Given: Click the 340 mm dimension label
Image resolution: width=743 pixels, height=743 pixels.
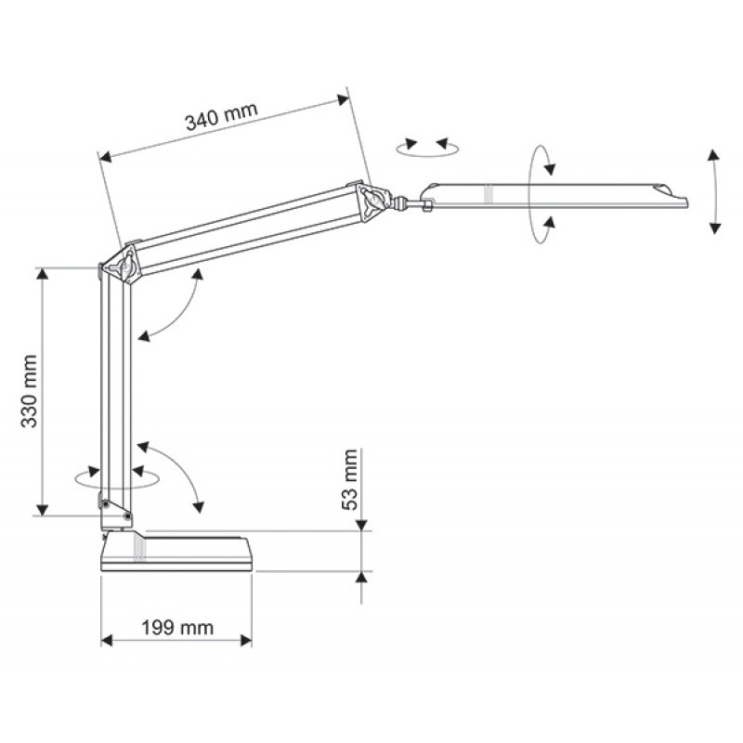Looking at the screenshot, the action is pos(221,116).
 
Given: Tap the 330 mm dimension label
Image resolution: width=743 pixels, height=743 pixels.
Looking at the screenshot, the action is pos(30,391).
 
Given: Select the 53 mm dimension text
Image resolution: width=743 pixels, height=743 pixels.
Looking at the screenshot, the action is pos(350,479).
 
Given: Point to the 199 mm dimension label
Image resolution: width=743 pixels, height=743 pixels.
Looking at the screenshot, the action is pos(177,628).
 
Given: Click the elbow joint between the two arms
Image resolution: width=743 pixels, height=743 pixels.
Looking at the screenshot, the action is pos(123,266).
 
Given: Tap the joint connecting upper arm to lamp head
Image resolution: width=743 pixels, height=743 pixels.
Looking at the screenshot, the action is pos(373,202).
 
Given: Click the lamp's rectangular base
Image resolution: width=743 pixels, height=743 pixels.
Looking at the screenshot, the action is pos(178,551).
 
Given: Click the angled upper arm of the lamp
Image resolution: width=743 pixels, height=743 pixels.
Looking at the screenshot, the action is pos(246,228).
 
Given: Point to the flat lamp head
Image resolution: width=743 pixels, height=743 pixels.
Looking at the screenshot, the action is pos(554,195).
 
